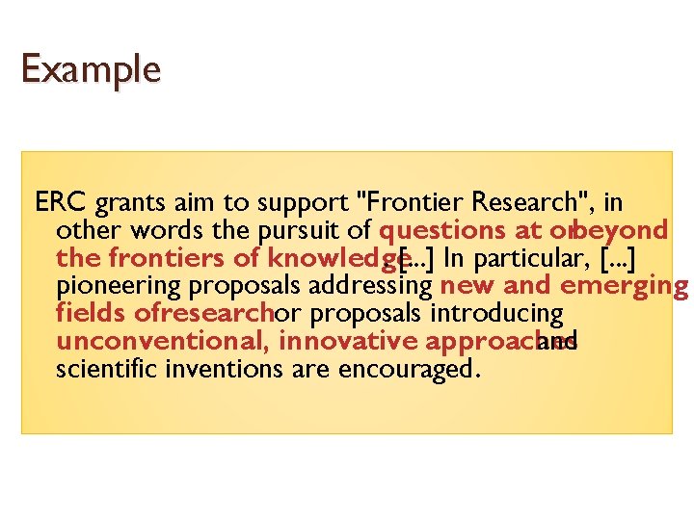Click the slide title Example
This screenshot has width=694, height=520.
point(91,69)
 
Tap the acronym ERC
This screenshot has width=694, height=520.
point(61,203)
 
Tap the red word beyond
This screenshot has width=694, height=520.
point(623,231)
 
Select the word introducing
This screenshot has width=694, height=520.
point(498,314)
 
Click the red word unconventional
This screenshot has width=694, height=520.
point(163,341)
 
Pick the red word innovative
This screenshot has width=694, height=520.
point(348,341)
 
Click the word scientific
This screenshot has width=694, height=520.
point(101,369)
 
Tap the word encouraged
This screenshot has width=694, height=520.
point(415,370)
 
